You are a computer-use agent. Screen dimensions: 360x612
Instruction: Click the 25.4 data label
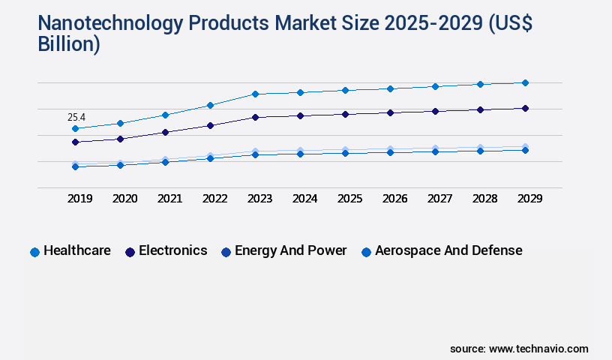coord(76,117)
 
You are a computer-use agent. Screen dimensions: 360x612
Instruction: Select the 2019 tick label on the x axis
coord(80,199)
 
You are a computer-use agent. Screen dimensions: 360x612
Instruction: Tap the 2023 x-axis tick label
coord(259,199)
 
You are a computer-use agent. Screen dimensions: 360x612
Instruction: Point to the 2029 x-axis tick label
coord(529,199)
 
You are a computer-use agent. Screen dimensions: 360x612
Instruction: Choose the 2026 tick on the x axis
coord(394,199)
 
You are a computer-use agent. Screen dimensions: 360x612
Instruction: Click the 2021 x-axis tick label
coord(169,199)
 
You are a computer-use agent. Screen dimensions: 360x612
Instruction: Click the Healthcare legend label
coord(77,250)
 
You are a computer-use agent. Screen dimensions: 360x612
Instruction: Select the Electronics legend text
coord(173,250)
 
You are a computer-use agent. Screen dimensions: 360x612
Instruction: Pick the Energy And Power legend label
coord(291,250)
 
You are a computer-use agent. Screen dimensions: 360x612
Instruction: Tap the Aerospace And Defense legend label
coord(448,250)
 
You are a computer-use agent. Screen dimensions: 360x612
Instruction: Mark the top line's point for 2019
coord(75,128)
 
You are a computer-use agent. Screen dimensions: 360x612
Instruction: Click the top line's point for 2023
coord(255,94)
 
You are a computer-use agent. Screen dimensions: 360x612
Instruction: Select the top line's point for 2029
coord(525,82)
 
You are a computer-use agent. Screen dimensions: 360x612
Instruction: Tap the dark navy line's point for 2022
coord(210,125)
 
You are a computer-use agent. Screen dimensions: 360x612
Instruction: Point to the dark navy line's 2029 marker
coord(525,108)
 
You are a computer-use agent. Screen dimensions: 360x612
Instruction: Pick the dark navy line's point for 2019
coord(75,142)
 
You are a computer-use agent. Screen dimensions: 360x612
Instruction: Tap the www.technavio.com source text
coord(538,349)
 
